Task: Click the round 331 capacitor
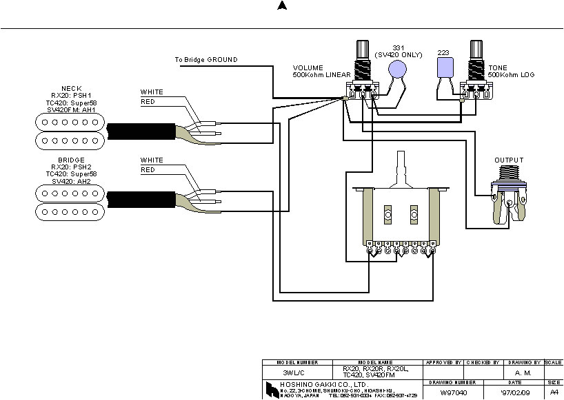coord(396,69)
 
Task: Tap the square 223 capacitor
coord(445,67)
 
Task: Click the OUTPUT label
coord(509,160)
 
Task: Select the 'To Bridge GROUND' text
coord(205,60)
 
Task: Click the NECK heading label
coord(71,89)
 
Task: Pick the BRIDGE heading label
coord(71,160)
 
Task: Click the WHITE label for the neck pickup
coord(152,92)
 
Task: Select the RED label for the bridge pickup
coord(148,170)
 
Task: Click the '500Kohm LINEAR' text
coord(321,74)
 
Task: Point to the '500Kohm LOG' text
coord(511,74)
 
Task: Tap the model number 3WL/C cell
coord(298,372)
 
